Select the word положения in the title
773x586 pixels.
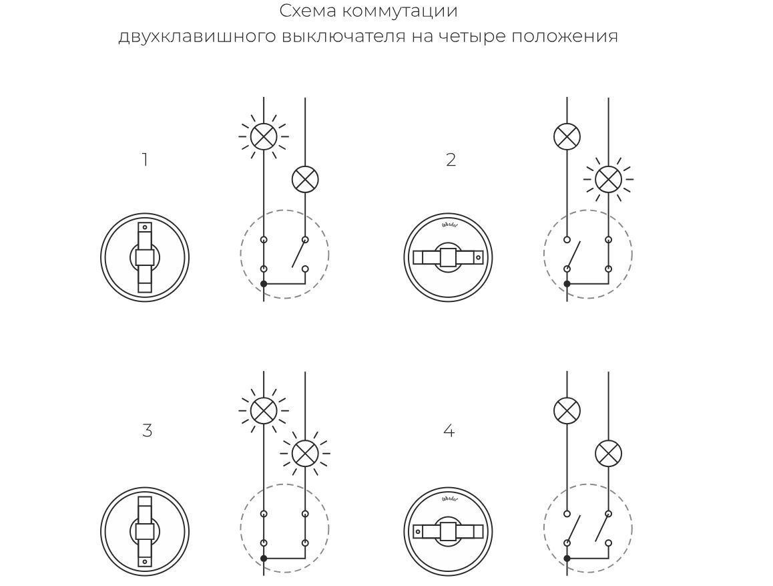[x=565, y=36]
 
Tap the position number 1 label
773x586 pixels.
[x=145, y=160]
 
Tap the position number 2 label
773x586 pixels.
[x=451, y=160]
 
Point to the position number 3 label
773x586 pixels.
[x=147, y=431]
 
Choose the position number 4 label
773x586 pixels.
[x=449, y=432]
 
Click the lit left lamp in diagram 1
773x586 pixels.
[x=264, y=136]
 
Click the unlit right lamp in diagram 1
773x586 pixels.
[x=305, y=179]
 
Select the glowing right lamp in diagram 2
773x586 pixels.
[x=608, y=179]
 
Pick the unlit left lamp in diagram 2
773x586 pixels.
[x=567, y=136]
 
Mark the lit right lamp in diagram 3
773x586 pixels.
[x=305, y=454]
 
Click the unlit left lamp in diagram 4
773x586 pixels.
[x=567, y=410]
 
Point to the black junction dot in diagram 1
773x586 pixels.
[x=264, y=284]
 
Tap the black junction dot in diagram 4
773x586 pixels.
[x=567, y=558]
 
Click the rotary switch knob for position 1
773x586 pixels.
[x=145, y=257]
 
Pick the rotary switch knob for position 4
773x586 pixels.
[x=448, y=532]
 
